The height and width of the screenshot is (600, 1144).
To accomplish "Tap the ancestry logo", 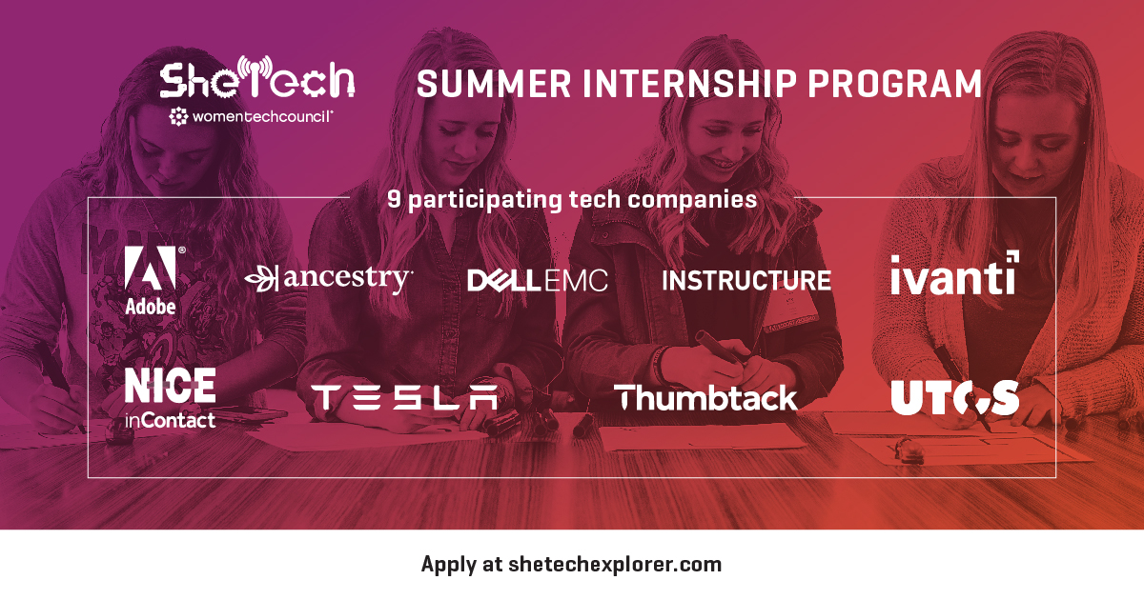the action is [328, 278].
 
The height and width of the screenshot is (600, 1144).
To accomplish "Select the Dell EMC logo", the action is [538, 281].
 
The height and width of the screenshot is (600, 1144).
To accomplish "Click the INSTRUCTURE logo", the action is [746, 281].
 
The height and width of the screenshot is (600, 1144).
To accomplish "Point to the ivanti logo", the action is [954, 273].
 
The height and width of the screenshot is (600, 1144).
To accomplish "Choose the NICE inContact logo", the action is [170, 398].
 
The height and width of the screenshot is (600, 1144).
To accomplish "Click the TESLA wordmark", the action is [404, 398].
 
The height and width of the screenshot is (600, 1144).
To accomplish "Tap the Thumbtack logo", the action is [705, 398].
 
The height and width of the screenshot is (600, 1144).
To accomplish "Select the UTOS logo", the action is [954, 397].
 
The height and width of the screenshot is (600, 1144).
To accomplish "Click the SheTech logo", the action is [256, 77].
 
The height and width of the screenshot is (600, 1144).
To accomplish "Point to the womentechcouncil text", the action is [262, 117].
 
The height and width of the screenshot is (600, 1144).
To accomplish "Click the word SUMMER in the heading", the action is [494, 84].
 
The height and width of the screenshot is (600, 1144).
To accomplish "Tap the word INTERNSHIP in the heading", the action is [689, 84].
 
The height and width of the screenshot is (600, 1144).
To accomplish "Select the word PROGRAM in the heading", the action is [895, 84].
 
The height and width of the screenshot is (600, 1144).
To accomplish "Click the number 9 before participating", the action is [394, 199].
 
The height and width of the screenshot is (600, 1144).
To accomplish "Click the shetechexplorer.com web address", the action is [615, 564].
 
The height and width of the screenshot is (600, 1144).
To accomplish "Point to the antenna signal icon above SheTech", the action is [255, 67].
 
